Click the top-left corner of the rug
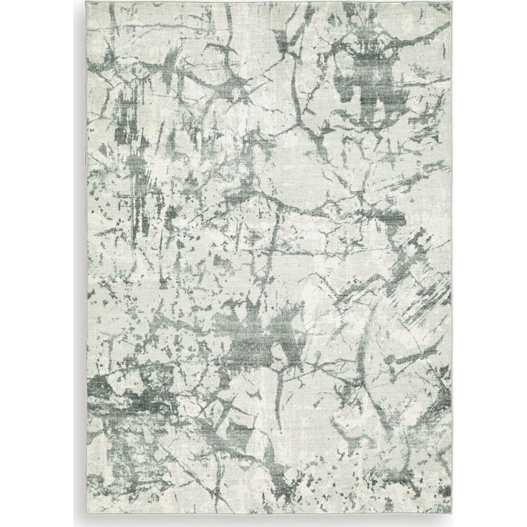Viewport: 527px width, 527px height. pyautogui.click(x=86, y=2)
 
